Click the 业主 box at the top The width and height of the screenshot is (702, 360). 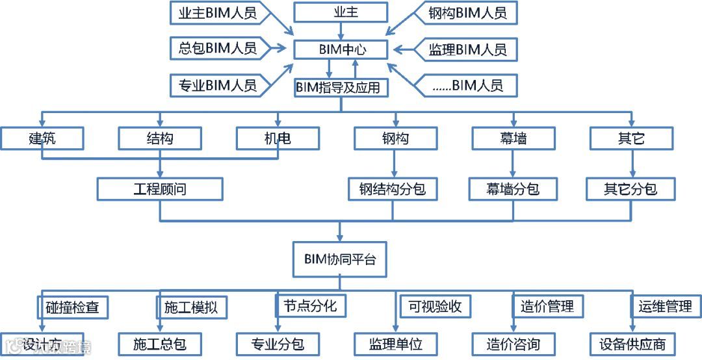[x=340, y=12]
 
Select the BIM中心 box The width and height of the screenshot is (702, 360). [x=341, y=49]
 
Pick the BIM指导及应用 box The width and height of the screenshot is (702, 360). [x=341, y=86]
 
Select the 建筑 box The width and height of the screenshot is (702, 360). [x=42, y=138]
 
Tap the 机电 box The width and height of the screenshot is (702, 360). [x=278, y=138]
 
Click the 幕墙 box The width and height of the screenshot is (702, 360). [x=513, y=138]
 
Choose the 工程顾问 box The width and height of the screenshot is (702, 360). [x=160, y=189]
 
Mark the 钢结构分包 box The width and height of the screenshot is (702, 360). [x=392, y=189]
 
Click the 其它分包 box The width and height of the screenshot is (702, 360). [x=630, y=189]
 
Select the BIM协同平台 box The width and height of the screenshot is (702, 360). [x=340, y=259]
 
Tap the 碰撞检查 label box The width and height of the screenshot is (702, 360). [x=72, y=307]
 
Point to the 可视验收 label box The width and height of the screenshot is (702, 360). [x=435, y=306]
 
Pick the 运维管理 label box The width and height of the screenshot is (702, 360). [x=664, y=306]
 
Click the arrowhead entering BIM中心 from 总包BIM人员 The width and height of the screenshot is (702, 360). [x=284, y=48]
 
